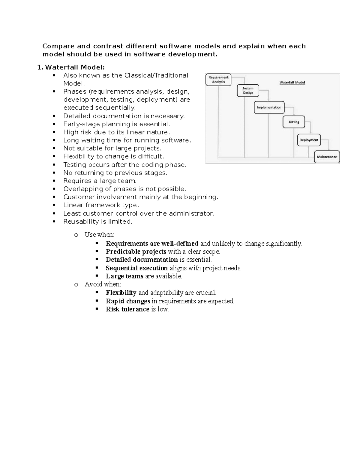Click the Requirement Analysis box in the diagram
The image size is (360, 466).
click(x=218, y=80)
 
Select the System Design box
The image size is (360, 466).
click(x=248, y=90)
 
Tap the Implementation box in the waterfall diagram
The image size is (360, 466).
click(x=269, y=107)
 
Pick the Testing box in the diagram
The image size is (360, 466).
click(x=294, y=122)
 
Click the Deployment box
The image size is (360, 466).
click(x=309, y=140)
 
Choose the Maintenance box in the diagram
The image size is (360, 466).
click(x=327, y=157)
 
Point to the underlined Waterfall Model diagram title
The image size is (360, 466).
click(x=292, y=83)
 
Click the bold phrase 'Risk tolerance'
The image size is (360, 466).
click(x=127, y=309)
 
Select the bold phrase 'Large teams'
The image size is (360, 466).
click(x=124, y=276)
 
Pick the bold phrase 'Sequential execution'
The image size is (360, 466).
click(x=136, y=268)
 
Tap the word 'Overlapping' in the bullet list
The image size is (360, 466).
click(x=82, y=189)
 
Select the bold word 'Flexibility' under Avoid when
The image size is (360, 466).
click(x=121, y=293)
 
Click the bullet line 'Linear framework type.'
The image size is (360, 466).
click(x=101, y=205)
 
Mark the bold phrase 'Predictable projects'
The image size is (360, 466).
click(x=136, y=251)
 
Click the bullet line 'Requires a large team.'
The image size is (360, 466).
click(x=100, y=181)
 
